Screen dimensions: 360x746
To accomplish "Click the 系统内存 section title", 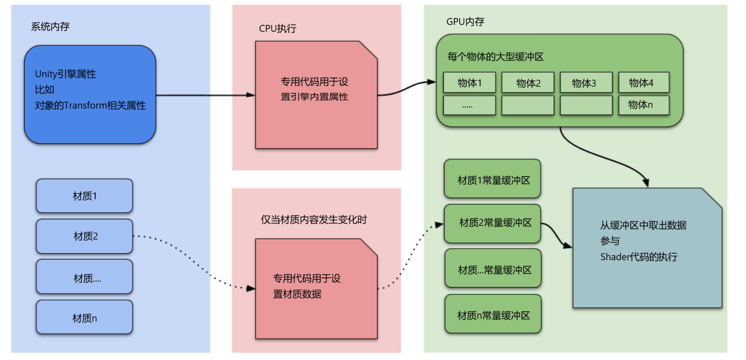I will coord(50,27).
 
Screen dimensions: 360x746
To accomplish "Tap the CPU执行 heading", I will coord(277,29).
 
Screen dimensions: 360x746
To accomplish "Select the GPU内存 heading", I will coord(465,22).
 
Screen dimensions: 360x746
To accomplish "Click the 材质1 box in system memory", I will coord(84,196).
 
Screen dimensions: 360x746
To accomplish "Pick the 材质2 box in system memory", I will coord(84,236).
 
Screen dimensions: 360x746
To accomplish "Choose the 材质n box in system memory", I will coord(84,318).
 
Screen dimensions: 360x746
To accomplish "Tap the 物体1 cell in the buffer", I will coord(469,83).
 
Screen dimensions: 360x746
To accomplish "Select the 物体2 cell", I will coord(528,83).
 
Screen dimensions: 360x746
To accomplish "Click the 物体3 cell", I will coord(586,83).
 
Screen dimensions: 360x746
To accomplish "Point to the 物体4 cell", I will coord(643,83).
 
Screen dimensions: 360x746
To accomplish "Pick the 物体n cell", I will coord(643,105).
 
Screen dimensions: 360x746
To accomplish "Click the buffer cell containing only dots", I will coord(469,105).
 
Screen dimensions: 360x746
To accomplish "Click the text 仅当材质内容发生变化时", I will coord(314,220).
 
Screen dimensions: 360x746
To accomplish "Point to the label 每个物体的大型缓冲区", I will coord(495,57).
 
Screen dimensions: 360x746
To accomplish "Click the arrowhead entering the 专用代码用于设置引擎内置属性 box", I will coord(251,95).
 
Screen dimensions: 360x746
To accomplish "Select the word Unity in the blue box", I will coord(46,74).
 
